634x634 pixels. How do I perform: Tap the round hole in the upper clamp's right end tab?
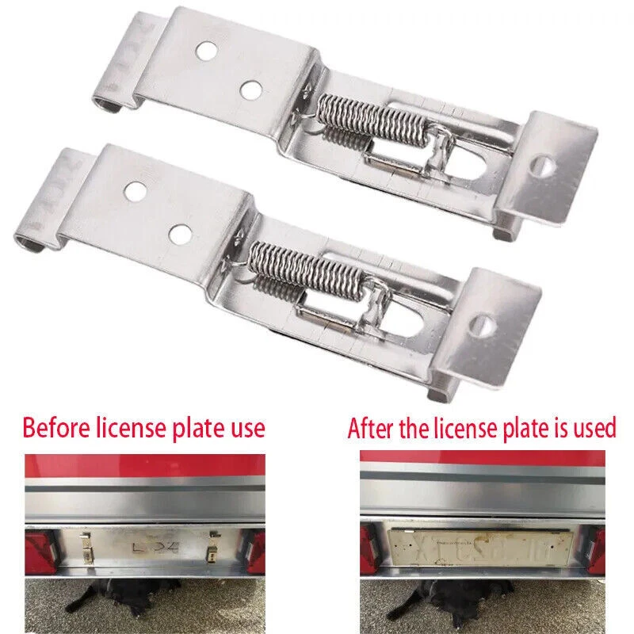coord(544,166)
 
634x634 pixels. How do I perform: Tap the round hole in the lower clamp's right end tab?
coord(483,325)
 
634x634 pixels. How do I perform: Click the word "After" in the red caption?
coord(372,429)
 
